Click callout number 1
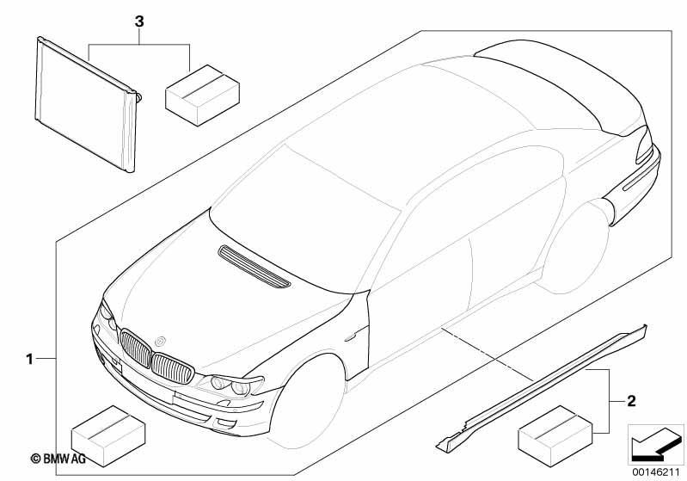[x=29, y=359]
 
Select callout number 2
[x=631, y=401]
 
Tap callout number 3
[x=139, y=21]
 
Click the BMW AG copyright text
[x=58, y=459]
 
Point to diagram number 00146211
[x=655, y=472]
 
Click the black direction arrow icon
[x=656, y=444]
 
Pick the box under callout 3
[x=202, y=96]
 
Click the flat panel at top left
[x=86, y=104]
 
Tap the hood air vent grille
[x=254, y=267]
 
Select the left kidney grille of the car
[x=136, y=348]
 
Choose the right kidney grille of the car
[x=173, y=369]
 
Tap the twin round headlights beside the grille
[x=230, y=385]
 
